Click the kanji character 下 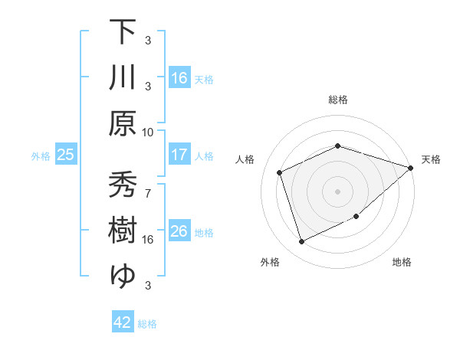123,31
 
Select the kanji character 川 123,78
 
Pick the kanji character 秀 123,185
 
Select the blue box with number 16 179,77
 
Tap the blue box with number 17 179,155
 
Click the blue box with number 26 179,231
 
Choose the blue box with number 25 65,155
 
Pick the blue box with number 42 123,322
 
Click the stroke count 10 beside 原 148,132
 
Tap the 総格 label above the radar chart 338,100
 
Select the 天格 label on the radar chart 432,159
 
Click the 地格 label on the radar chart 402,263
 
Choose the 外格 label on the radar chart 270,263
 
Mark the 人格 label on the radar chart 245,159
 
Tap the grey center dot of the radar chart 338,191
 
